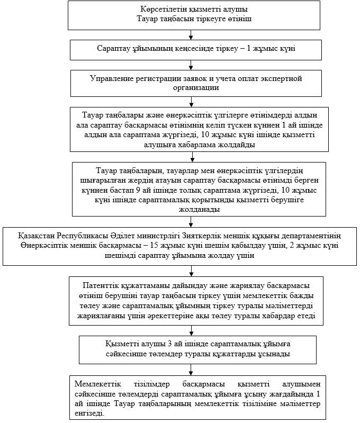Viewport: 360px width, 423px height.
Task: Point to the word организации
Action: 196,88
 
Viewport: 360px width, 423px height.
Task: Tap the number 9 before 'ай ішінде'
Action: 138,190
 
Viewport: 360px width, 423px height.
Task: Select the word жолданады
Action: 199,209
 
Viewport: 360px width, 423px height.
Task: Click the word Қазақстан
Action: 37,236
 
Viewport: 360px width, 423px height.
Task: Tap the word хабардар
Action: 278,316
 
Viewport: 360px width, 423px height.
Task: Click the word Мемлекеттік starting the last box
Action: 98,384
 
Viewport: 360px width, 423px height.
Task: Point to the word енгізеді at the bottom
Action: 89,413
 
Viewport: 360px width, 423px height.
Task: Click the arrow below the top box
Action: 191,35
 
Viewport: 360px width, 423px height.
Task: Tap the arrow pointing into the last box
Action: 191,370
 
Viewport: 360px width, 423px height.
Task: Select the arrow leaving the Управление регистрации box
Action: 191,102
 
